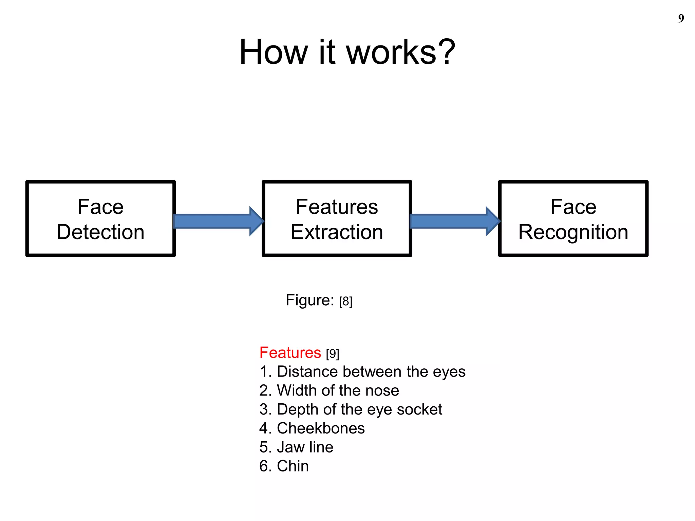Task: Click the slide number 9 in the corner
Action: pos(681,18)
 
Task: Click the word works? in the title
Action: pos(400,52)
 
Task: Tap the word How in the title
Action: pos(273,52)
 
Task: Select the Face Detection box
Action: pos(100,219)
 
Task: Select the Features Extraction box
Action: pos(337,219)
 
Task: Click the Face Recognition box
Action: pos(573,219)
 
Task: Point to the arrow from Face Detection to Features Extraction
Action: pos(217,221)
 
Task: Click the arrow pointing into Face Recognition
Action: pos(454,221)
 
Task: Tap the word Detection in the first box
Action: pos(100,232)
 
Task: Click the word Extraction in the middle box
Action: pos(337,232)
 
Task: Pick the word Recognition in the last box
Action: pos(573,233)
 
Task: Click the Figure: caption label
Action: pos(310,300)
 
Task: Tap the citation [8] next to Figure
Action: pos(346,301)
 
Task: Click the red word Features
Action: pos(290,353)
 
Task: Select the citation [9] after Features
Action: pos(333,354)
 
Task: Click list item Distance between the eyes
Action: pos(362,372)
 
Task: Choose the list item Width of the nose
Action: pos(329,391)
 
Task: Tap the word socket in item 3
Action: pos(419,410)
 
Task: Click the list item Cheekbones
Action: pos(312,428)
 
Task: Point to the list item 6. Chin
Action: pos(284,466)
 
